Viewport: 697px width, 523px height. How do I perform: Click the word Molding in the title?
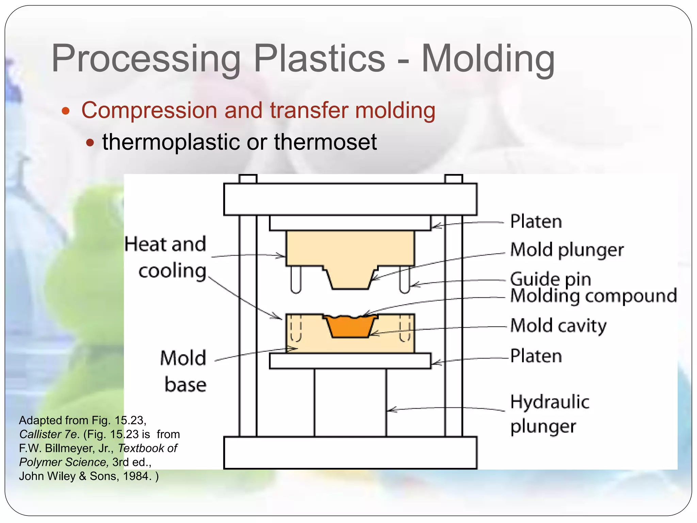click(x=488, y=59)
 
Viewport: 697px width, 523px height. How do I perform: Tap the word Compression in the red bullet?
click(x=149, y=110)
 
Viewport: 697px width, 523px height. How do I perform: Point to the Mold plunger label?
click(x=567, y=250)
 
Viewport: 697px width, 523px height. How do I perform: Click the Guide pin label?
click(x=550, y=279)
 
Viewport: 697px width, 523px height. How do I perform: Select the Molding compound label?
click(x=594, y=296)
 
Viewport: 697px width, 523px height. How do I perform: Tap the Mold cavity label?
click(x=558, y=326)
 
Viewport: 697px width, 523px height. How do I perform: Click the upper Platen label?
click(x=536, y=222)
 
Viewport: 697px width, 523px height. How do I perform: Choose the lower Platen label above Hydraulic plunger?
click(x=536, y=356)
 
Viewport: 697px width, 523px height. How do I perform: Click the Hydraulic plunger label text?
click(x=549, y=414)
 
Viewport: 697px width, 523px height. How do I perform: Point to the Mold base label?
click(x=184, y=371)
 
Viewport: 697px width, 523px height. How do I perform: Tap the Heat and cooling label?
click(x=166, y=257)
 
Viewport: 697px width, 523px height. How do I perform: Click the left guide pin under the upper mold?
click(x=296, y=279)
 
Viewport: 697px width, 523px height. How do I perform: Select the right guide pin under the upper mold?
click(x=404, y=279)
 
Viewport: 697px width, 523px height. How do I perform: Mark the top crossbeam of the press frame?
click(x=350, y=199)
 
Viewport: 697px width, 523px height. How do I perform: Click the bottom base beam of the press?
click(x=350, y=453)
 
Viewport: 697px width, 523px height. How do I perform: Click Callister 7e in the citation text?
click(x=49, y=434)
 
